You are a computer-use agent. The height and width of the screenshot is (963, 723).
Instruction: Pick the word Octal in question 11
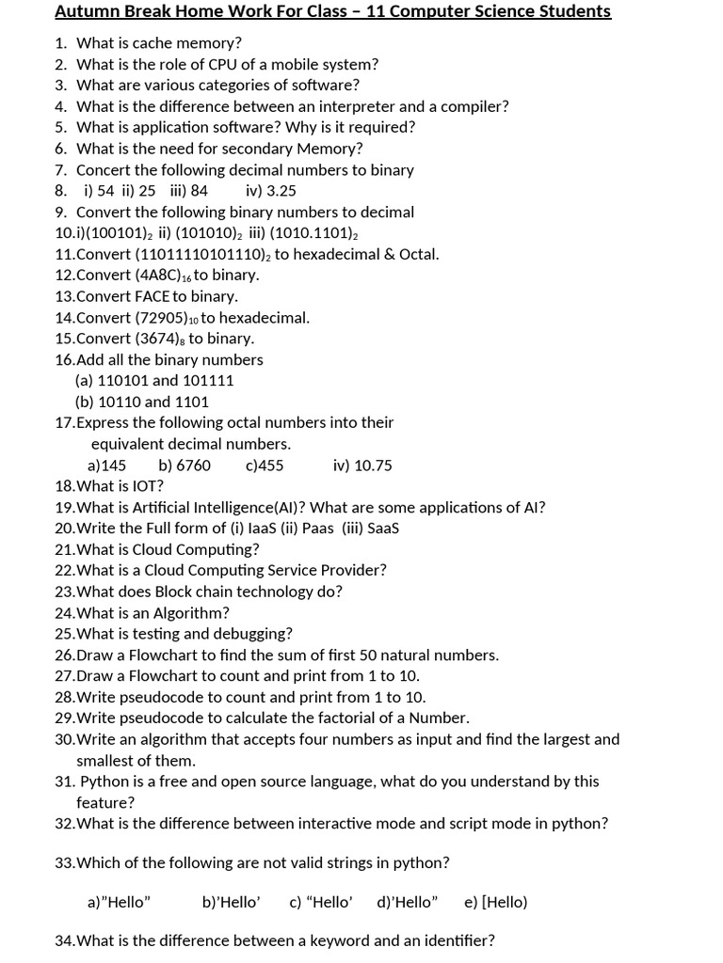[417, 254]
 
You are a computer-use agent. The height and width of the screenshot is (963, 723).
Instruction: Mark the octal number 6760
[194, 466]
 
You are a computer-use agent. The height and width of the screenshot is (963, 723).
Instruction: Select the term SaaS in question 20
[383, 529]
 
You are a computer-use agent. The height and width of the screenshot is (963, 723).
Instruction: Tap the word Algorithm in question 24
[191, 613]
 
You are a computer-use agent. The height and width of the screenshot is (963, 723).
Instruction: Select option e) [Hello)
[495, 903]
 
